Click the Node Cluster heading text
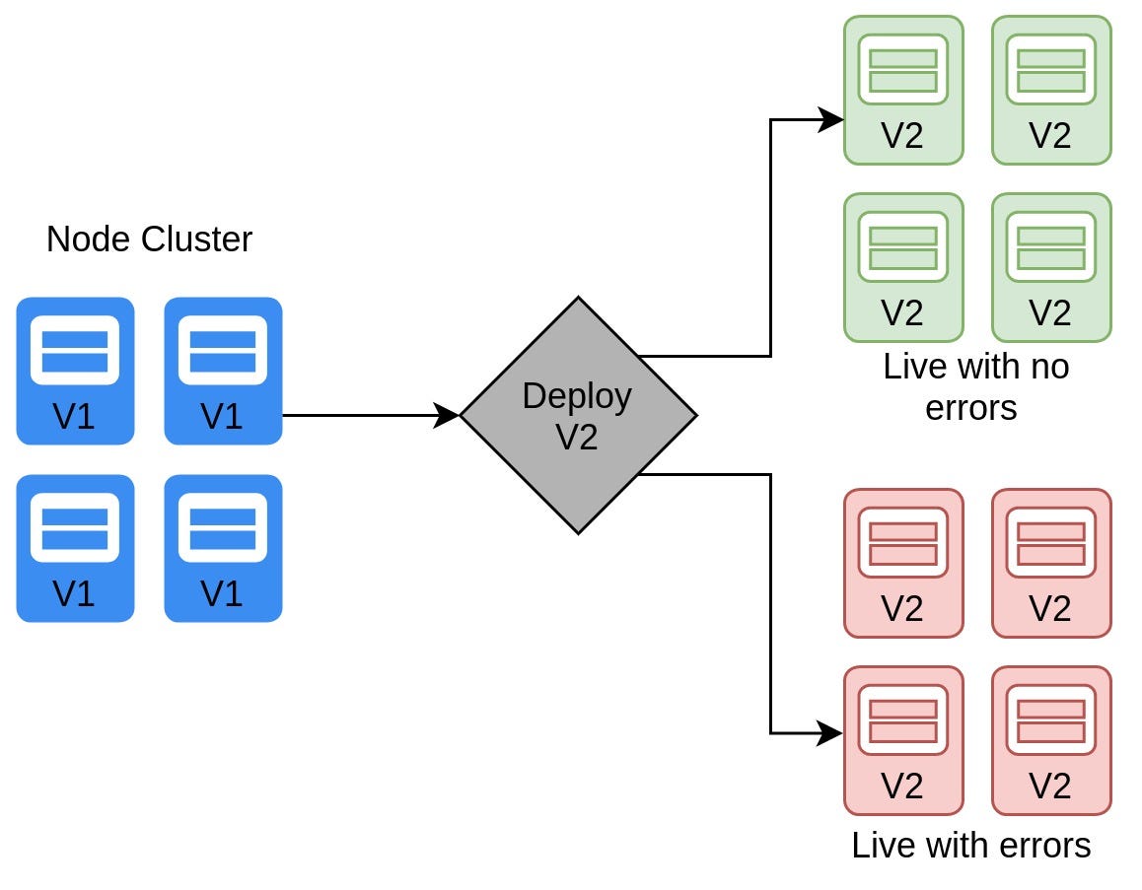coord(149,239)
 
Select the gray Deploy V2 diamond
coord(578,416)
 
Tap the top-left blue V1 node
coord(75,371)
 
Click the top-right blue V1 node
coord(223,371)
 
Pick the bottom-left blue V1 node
coord(75,548)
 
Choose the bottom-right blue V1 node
coord(223,548)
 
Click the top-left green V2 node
coord(903,91)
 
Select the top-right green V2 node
coord(1051,91)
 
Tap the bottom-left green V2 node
coord(903,267)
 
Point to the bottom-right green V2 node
coord(1051,267)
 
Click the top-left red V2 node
coord(903,563)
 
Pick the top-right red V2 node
coord(1051,563)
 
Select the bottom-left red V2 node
coord(903,740)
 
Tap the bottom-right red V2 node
coord(1051,740)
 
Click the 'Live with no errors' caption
coord(974,387)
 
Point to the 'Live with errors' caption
coord(970,846)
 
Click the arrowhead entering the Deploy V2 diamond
coord(446,416)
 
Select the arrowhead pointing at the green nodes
coord(829,119)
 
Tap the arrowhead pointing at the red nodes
coord(829,733)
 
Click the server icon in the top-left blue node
coord(75,350)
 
